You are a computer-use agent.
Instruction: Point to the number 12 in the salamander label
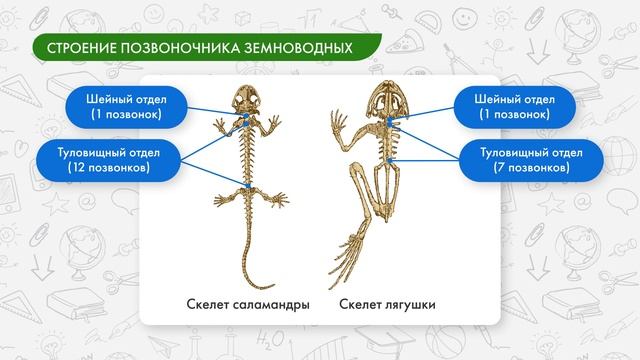click(x=78, y=168)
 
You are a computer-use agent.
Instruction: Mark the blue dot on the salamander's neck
click(x=244, y=121)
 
